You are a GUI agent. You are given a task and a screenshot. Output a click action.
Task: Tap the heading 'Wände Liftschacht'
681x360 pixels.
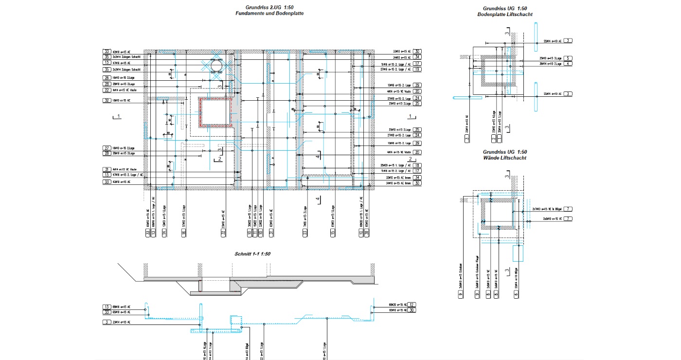tap(504, 158)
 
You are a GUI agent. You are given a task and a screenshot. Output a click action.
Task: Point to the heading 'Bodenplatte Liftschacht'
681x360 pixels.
tap(505, 15)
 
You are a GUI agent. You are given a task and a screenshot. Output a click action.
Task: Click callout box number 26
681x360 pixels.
tap(107, 78)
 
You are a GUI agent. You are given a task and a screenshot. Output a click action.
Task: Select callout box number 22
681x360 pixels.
tap(107, 90)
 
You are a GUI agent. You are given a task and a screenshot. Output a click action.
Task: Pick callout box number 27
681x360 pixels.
tap(107, 147)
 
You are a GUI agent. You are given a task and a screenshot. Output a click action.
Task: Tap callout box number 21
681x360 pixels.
tap(107, 169)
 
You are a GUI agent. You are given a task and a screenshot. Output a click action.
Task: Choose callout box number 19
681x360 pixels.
tap(417, 70)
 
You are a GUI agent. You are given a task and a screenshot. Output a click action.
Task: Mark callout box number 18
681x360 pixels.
tap(417, 165)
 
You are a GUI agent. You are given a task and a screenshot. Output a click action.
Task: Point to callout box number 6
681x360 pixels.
tap(516, 294)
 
